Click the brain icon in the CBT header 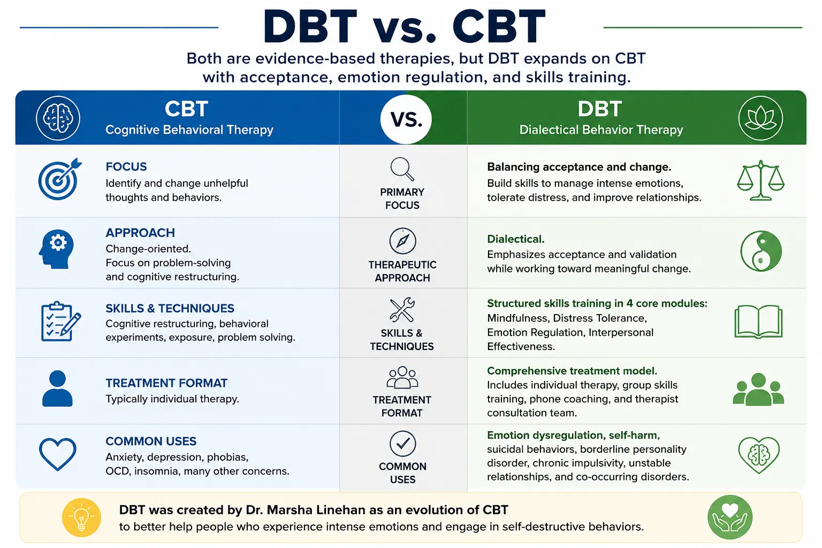[x=58, y=118]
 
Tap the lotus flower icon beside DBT [x=760, y=118]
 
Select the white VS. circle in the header [x=406, y=119]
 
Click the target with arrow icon [x=60, y=179]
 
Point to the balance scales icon [x=760, y=180]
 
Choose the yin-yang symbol [x=760, y=251]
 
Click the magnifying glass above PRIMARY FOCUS [x=402, y=169]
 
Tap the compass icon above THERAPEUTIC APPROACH [x=402, y=241]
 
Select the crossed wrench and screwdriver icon [x=402, y=310]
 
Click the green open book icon [x=758, y=322]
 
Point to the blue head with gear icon [x=56, y=249]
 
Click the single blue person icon [x=57, y=389]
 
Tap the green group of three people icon [x=758, y=389]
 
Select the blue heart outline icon [x=58, y=454]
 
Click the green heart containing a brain [x=759, y=455]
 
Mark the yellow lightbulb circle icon [x=81, y=517]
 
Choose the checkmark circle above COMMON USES [x=402, y=444]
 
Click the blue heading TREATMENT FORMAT [x=166, y=383]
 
